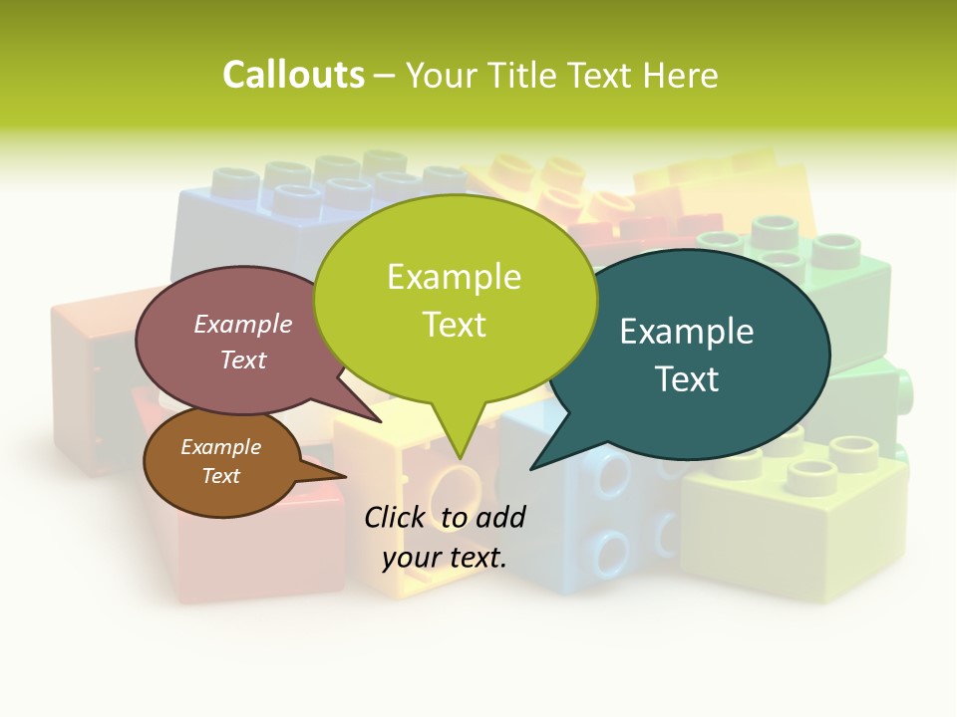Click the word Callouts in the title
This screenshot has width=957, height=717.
pos(293,75)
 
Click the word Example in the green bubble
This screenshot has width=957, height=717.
pos(454,277)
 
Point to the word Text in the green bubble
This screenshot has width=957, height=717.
pos(454,325)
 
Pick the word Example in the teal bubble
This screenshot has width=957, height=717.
pos(687,332)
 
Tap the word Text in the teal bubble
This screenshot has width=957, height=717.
pos(687,379)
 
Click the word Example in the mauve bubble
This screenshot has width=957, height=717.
pos(243,324)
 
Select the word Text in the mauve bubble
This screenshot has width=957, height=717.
pos(243,359)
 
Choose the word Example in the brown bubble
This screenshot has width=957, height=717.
pos(220,447)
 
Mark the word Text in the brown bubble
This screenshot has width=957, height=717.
pos(220,476)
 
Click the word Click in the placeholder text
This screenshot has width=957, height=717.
pos(397,518)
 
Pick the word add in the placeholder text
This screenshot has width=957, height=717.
pos(501,518)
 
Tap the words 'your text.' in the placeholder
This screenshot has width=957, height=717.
pos(445,558)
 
